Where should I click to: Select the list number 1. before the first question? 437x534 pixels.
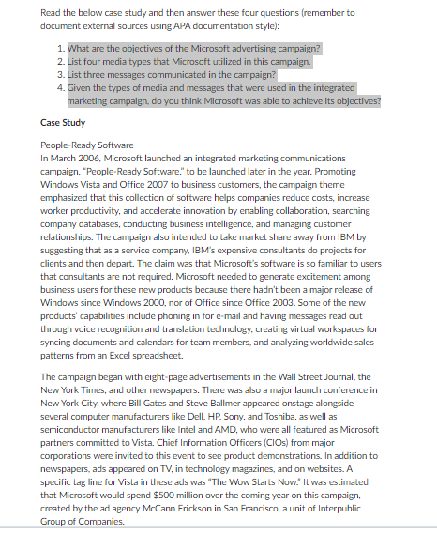(x=60, y=47)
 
